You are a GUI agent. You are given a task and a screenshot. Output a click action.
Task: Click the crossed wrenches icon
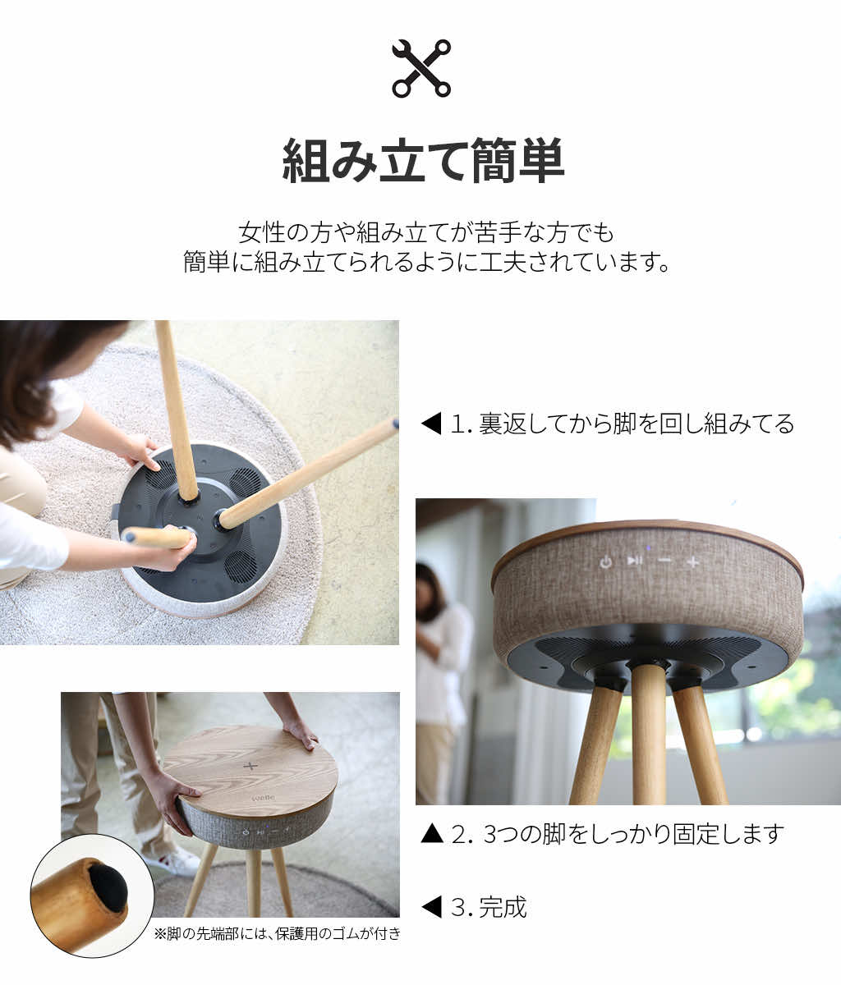point(420,68)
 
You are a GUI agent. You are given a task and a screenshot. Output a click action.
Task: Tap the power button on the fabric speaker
point(605,562)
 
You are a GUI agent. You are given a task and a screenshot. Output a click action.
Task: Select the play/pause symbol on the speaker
point(634,561)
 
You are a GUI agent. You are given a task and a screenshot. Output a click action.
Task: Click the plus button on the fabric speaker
point(693,562)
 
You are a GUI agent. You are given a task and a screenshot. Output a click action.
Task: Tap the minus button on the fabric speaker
point(664,561)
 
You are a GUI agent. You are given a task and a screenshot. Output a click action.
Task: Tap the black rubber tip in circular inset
point(108,887)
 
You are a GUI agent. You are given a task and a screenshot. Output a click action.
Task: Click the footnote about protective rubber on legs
point(278,933)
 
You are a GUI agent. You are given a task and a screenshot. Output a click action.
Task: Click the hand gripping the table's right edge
point(301,732)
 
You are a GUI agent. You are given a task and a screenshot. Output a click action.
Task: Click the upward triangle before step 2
point(431,835)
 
